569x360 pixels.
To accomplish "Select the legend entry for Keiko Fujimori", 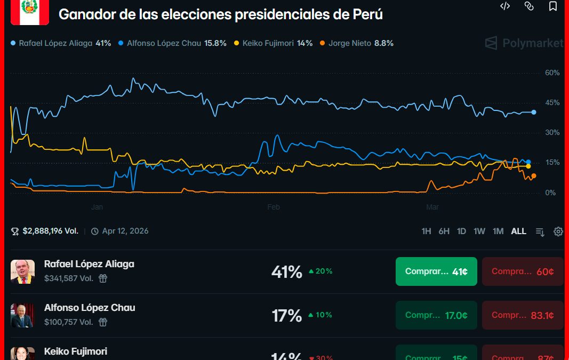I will pyautogui.click(x=277, y=43).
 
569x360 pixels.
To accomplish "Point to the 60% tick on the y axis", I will pyautogui.click(x=552, y=73).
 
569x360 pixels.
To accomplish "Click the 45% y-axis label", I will pyautogui.click(x=552, y=102).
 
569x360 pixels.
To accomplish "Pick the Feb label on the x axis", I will pyautogui.click(x=274, y=207).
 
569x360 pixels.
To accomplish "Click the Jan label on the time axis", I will pyautogui.click(x=97, y=207).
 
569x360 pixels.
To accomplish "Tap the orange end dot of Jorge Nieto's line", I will pyautogui.click(x=533, y=176).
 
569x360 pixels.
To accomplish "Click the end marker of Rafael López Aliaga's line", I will pyautogui.click(x=534, y=112).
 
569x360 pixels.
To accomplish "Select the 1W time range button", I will pyautogui.click(x=479, y=231).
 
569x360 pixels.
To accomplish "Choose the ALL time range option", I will pyautogui.click(x=518, y=231).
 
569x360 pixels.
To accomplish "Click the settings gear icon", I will pyautogui.click(x=558, y=231).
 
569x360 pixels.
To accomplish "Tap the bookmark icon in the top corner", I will pyautogui.click(x=553, y=6).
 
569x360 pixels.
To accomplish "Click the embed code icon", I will pyautogui.click(x=505, y=6).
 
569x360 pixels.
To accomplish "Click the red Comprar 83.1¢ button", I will pyautogui.click(x=523, y=315).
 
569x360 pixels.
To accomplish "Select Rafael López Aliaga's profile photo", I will pyautogui.click(x=22, y=271).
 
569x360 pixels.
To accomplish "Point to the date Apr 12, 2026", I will pyautogui.click(x=125, y=231).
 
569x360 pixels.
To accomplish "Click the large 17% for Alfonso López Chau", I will pyautogui.click(x=287, y=316).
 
